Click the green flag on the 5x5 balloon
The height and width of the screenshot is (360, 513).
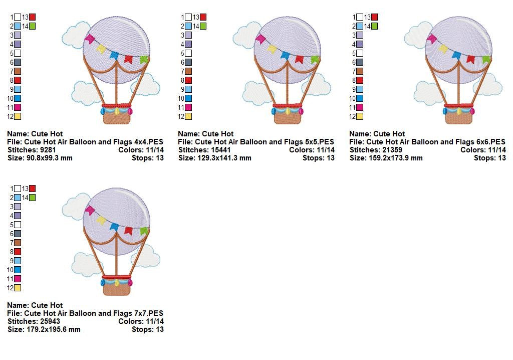coord(315,60)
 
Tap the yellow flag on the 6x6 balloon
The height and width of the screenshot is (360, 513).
coord(443,49)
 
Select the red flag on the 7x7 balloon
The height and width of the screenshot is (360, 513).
coord(128,231)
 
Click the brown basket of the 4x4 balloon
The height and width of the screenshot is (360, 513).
coord(117,117)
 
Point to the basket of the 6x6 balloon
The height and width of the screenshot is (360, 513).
coord(459,117)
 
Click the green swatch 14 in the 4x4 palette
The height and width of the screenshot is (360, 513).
coord(33,26)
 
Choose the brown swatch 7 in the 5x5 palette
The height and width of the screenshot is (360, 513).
coord(188,71)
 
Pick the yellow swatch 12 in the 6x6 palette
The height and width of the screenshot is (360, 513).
coord(360,116)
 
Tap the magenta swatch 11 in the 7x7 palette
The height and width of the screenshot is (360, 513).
coord(18,279)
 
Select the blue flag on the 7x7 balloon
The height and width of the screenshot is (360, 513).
coord(114,226)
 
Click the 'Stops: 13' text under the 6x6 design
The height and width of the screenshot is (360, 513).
coord(490,158)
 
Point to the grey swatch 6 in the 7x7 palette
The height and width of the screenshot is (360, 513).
coord(18,234)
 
